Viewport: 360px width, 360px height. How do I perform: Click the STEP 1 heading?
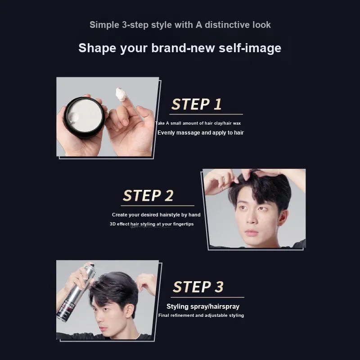pyautogui.click(x=196, y=104)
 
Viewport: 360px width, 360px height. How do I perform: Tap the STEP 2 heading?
pyautogui.click(x=148, y=195)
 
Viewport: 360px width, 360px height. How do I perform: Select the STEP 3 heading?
pyautogui.click(x=198, y=287)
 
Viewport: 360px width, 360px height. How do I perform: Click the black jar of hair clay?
pyautogui.click(x=84, y=117)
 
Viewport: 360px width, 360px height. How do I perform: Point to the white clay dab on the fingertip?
pyautogui.click(x=121, y=94)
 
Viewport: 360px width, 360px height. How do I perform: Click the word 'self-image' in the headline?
pyautogui.click(x=250, y=48)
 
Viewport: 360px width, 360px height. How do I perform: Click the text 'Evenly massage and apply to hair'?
pyautogui.click(x=200, y=133)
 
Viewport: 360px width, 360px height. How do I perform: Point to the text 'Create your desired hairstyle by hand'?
pyautogui.click(x=156, y=215)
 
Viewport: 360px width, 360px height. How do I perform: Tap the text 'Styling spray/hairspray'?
pyautogui.click(x=203, y=306)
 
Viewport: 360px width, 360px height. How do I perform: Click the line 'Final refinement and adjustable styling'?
pyautogui.click(x=201, y=315)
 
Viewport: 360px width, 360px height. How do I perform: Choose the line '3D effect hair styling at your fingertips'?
pyautogui.click(x=152, y=224)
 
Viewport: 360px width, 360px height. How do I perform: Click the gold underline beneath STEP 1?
pyautogui.click(x=206, y=114)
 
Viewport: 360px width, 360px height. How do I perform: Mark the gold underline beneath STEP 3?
pyautogui.click(x=207, y=297)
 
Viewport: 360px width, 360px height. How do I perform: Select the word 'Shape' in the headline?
pyautogui.click(x=97, y=48)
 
